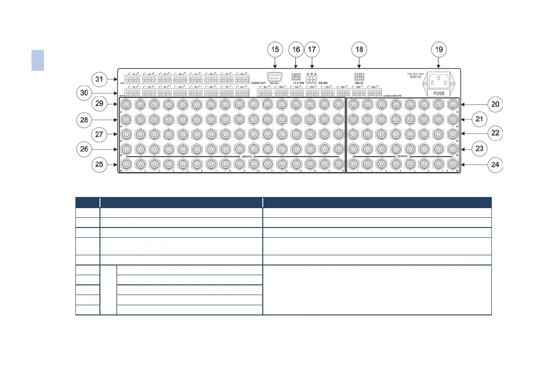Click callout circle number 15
click(275, 49)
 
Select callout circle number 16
click(296, 49)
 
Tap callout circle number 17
click(312, 49)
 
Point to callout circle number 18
click(359, 49)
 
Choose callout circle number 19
click(439, 49)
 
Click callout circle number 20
click(495, 105)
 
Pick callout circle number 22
click(495, 133)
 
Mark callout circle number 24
click(495, 165)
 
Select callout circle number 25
click(99, 164)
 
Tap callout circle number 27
click(99, 135)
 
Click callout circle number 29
click(99, 105)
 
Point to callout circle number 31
click(99, 80)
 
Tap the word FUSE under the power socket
click(439, 93)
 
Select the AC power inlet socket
click(439, 82)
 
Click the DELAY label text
click(359, 83)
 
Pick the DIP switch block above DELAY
click(359, 77)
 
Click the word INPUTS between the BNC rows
click(246, 156)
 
